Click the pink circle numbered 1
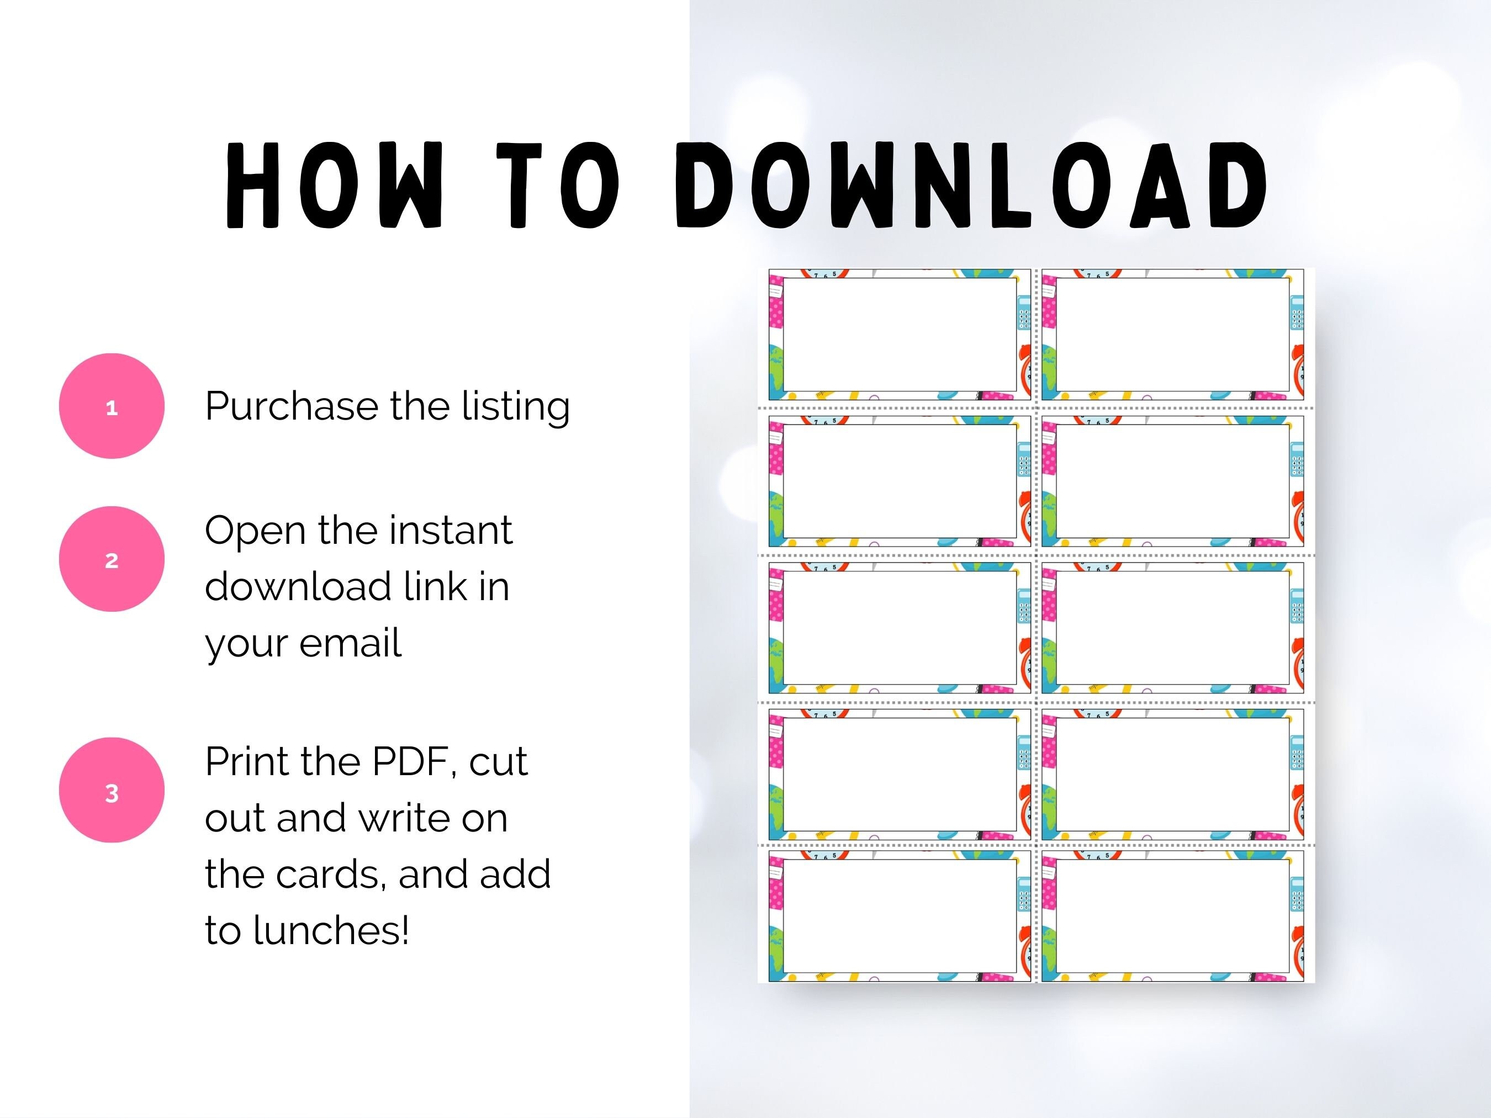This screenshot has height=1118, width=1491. (x=112, y=406)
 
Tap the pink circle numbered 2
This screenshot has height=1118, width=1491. (x=112, y=559)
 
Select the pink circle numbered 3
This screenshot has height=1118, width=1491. (x=112, y=790)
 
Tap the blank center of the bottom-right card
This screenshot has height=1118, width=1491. (x=1173, y=916)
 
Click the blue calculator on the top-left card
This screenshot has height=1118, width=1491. (x=1023, y=312)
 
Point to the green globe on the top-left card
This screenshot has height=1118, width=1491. (x=776, y=370)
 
